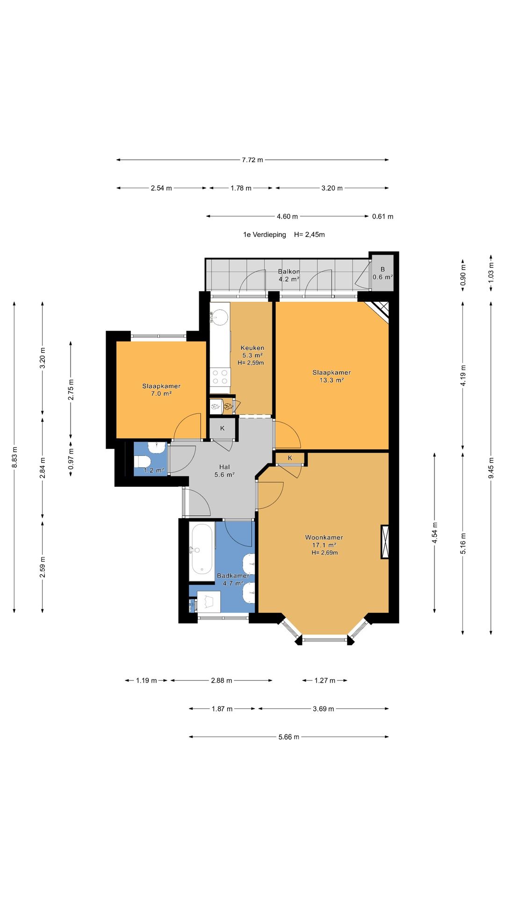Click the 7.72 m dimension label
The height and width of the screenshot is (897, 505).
point(252,160)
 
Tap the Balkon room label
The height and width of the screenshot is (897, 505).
point(289,271)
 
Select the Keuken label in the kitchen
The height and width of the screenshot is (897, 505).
point(252,348)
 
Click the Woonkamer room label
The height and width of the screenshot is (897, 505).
point(324,537)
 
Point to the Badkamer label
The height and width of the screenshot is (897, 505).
point(233,576)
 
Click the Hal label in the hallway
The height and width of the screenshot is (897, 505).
point(224,467)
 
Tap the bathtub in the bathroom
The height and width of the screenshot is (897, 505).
point(202,549)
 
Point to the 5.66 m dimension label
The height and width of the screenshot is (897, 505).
point(289,737)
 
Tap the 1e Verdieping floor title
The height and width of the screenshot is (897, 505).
point(264,235)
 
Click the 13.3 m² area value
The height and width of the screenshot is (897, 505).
point(332,380)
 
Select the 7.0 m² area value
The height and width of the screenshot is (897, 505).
point(161,394)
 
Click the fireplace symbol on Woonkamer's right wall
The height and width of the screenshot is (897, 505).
point(385,542)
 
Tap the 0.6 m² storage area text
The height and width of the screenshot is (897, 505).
point(382,277)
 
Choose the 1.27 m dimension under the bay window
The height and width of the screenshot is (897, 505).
point(325,680)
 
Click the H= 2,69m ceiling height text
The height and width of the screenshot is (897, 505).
point(325,553)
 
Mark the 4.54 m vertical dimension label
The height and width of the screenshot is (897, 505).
point(435,533)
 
